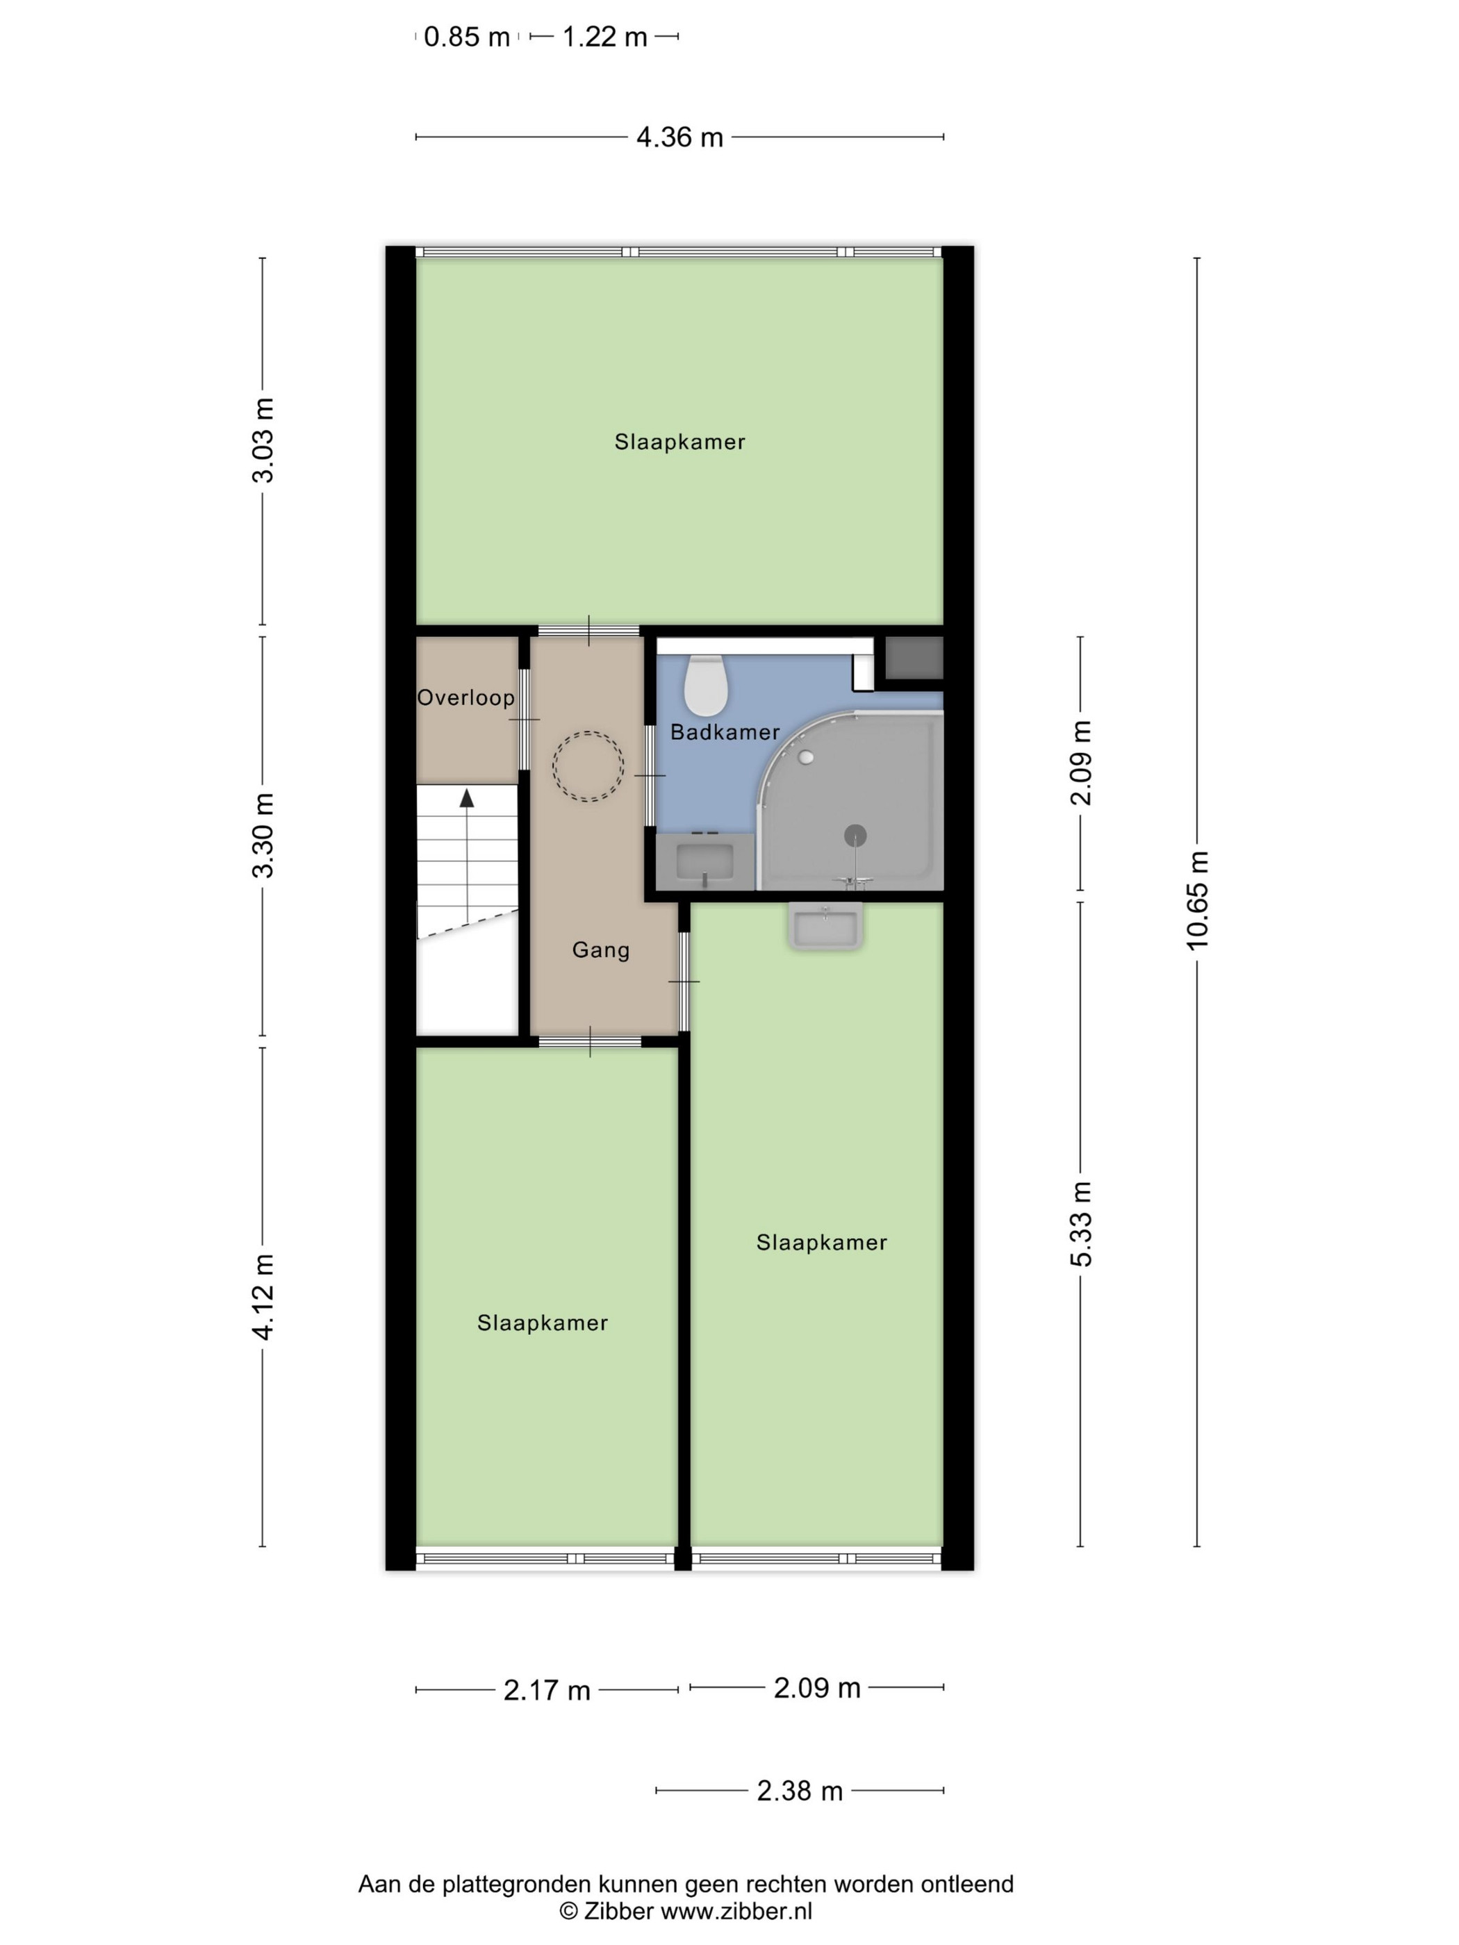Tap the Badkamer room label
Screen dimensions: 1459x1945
[x=725, y=731]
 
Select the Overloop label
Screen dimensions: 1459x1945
[x=465, y=697]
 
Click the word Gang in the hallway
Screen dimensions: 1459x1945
[x=601, y=950]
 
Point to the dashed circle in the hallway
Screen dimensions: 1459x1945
[x=588, y=731]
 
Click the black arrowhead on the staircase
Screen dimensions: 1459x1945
[x=467, y=797]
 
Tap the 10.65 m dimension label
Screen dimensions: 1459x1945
[x=1197, y=900]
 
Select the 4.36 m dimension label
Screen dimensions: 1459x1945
[x=679, y=137]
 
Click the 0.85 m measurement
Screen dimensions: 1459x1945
[x=466, y=37]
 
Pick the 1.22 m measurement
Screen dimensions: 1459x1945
[x=604, y=37]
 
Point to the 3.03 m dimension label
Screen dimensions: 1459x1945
[x=263, y=440]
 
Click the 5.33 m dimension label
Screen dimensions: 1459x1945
[x=1081, y=1224]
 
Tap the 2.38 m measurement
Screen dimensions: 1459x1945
[x=800, y=1790]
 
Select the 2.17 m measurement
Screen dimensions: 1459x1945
[x=546, y=1690]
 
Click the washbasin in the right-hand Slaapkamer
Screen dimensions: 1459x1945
[x=825, y=927]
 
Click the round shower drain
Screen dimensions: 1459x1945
[x=855, y=836]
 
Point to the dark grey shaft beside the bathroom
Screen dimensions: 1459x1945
[x=914, y=658]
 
